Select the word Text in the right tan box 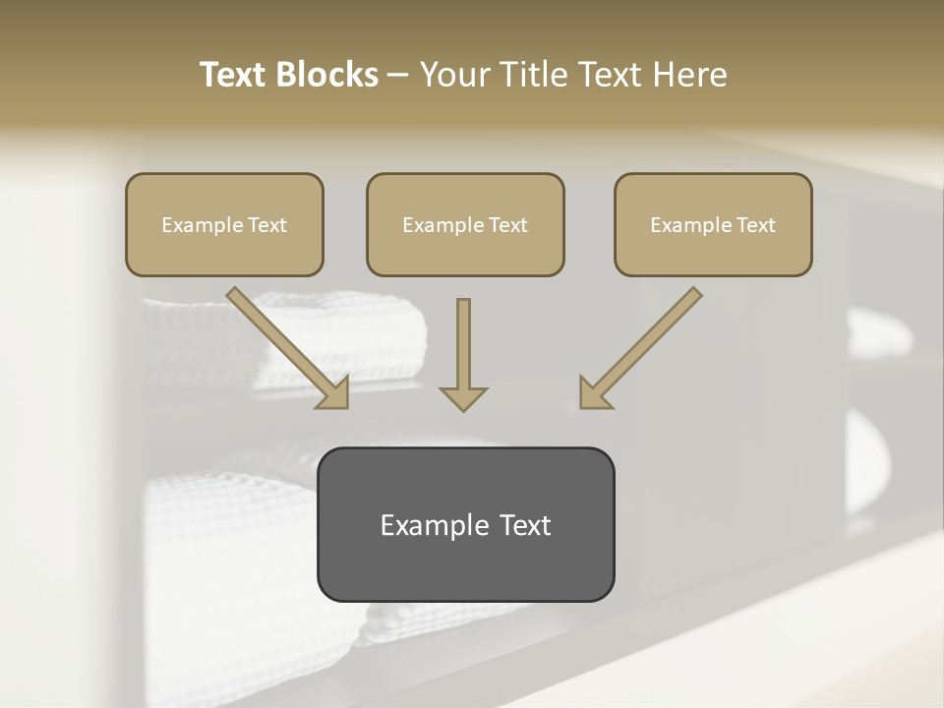pyautogui.click(x=756, y=225)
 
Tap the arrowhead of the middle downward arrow pyautogui.click(x=463, y=397)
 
